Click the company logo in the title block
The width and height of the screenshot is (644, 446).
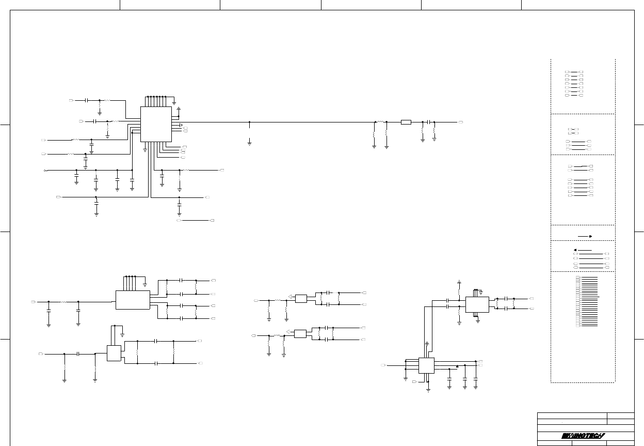[x=585, y=436]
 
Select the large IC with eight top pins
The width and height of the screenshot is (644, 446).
[x=156, y=124]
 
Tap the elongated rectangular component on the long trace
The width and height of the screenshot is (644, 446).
[x=406, y=122]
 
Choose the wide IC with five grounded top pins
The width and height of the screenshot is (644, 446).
[x=133, y=300]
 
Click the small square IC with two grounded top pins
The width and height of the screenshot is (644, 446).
[x=114, y=353]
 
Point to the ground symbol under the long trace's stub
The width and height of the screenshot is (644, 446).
[x=249, y=143]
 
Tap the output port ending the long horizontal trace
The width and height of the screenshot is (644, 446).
[x=460, y=122]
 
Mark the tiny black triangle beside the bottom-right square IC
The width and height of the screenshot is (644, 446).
[x=458, y=366]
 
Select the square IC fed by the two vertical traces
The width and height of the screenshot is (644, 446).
[x=426, y=365]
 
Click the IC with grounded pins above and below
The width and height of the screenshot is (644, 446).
[x=477, y=304]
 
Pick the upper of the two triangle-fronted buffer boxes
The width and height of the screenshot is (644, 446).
[x=301, y=298]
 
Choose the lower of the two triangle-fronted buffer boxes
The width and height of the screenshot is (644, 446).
[x=300, y=333]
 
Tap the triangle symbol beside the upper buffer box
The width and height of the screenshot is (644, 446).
[x=291, y=297]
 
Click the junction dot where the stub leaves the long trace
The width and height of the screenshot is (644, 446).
[x=249, y=122]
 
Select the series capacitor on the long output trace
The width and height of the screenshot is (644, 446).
[x=428, y=122]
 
